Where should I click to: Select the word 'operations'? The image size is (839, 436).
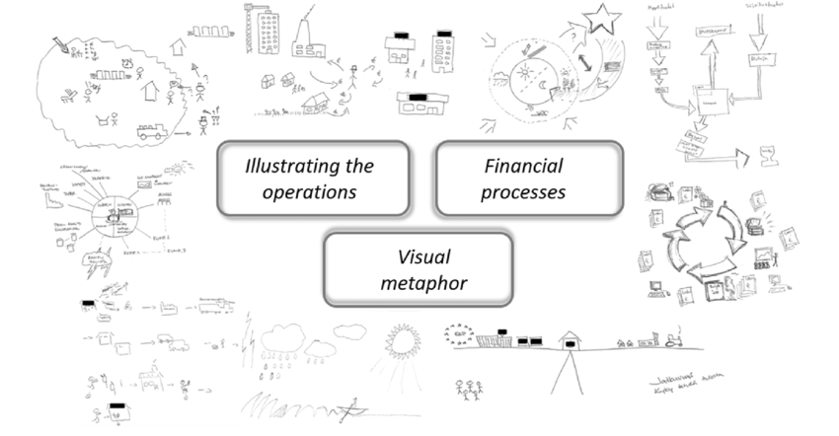click(x=310, y=191)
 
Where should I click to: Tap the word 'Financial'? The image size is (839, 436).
click(x=523, y=164)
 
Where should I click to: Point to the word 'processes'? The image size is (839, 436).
click(x=523, y=191)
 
